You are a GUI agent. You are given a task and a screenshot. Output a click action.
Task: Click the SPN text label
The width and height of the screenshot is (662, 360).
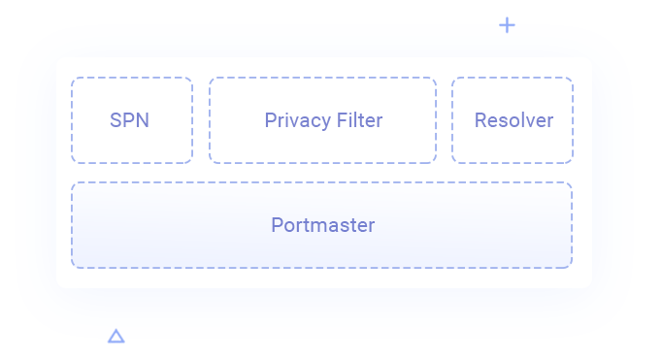(129, 121)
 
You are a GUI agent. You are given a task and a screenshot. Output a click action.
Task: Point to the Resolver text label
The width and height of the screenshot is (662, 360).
(513, 121)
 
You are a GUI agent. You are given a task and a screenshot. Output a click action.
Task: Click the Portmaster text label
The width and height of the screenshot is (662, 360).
(322, 225)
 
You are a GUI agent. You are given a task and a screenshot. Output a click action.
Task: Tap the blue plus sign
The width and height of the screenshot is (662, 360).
(507, 25)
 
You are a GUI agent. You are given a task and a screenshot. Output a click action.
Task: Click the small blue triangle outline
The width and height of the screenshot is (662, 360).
(116, 336)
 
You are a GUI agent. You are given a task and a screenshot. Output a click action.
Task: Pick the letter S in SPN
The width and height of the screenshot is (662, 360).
(116, 121)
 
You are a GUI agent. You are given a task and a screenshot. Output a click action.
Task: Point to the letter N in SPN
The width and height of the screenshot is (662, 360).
(143, 121)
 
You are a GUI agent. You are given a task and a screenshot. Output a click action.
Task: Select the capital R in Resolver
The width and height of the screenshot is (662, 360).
(480, 121)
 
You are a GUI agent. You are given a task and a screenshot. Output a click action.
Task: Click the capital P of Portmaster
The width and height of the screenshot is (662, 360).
(277, 225)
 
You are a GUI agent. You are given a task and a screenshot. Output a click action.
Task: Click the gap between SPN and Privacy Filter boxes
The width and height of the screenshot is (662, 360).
(201, 121)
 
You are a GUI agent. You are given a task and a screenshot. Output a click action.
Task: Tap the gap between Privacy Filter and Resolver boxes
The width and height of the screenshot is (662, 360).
(445, 121)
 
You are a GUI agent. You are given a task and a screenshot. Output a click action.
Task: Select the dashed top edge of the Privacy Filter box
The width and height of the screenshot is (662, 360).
(322, 78)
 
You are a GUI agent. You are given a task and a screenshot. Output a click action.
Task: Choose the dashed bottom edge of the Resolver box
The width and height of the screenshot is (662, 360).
(513, 163)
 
